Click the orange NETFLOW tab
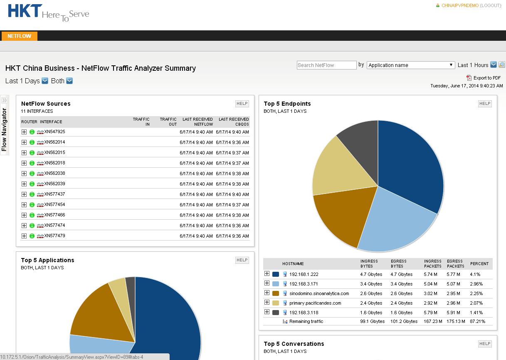(x=19, y=36)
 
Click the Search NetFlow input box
(x=326, y=65)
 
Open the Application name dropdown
(x=411, y=65)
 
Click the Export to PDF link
(x=486, y=78)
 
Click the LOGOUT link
(x=491, y=6)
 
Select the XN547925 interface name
(x=55, y=132)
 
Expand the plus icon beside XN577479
(x=24, y=236)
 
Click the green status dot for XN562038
(x=32, y=174)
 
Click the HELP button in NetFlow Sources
(x=242, y=104)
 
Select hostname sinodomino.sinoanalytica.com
(x=319, y=293)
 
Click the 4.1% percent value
(x=475, y=275)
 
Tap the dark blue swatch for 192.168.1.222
(x=275, y=275)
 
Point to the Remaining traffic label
(x=306, y=322)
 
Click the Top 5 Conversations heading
(x=294, y=344)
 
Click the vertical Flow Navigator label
(x=5, y=129)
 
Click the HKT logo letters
(x=25, y=11)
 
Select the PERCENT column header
(x=479, y=264)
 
